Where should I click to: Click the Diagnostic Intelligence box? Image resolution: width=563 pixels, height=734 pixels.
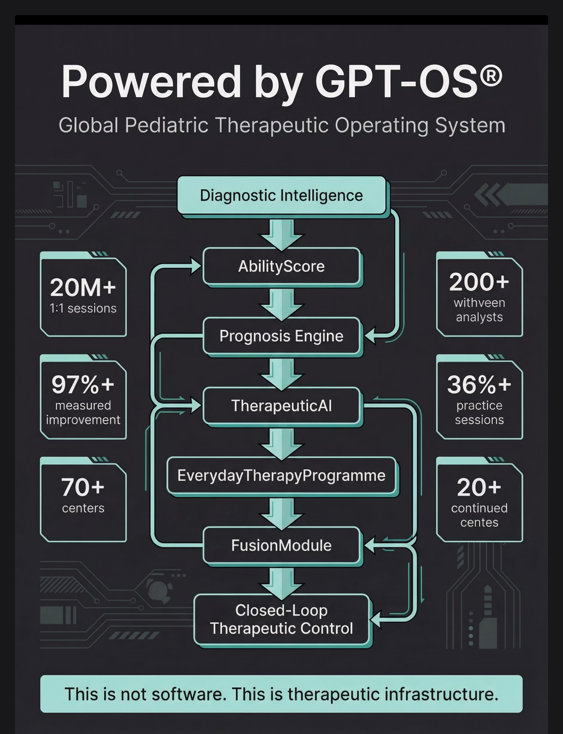(x=281, y=195)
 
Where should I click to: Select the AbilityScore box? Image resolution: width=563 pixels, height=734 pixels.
(x=281, y=266)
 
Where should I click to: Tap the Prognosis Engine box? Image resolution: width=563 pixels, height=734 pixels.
(x=281, y=336)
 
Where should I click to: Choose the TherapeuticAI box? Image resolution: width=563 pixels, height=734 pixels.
(x=281, y=406)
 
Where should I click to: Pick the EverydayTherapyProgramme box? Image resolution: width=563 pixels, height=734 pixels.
(x=281, y=475)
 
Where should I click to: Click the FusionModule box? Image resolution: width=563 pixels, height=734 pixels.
(x=281, y=545)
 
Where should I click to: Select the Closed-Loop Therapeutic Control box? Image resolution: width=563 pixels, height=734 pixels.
(x=281, y=619)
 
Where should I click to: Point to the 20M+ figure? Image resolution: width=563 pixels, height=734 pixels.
(x=83, y=288)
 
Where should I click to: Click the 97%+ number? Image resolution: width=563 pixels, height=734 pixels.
(x=83, y=384)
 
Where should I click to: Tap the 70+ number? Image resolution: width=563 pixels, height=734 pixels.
(x=83, y=487)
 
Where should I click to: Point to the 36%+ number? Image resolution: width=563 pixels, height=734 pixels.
(x=479, y=384)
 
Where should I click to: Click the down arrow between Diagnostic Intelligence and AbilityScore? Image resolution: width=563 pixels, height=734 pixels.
(x=281, y=234)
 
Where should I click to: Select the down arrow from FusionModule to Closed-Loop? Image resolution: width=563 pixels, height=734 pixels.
(x=281, y=584)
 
